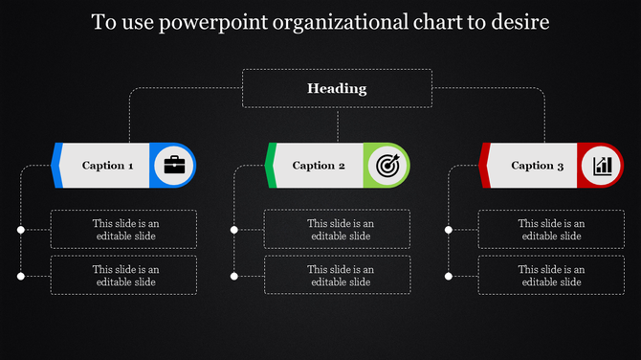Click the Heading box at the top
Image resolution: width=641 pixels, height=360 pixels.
point(337,88)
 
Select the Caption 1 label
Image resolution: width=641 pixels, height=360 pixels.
point(107,166)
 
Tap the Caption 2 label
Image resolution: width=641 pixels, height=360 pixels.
point(319,166)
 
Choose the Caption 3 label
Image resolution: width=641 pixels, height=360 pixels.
point(532,166)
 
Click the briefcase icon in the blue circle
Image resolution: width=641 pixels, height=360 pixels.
point(174,165)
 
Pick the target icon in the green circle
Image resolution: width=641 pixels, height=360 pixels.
point(387,165)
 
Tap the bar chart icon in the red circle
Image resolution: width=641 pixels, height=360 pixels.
point(602,166)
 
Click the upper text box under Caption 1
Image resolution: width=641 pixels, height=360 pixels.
point(124,230)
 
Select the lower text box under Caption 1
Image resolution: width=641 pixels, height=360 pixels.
point(124,276)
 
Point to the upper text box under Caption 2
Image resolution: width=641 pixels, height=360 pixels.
point(338,230)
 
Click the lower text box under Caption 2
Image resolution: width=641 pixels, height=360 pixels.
point(338,276)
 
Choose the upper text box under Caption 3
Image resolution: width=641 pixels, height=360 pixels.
point(551,230)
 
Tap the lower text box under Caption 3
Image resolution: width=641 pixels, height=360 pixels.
point(551,276)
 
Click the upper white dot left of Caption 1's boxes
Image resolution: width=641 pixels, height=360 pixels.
point(20,230)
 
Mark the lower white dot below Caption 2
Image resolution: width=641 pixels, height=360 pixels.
point(234,276)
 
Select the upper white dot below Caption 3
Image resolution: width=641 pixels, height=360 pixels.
point(448,230)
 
